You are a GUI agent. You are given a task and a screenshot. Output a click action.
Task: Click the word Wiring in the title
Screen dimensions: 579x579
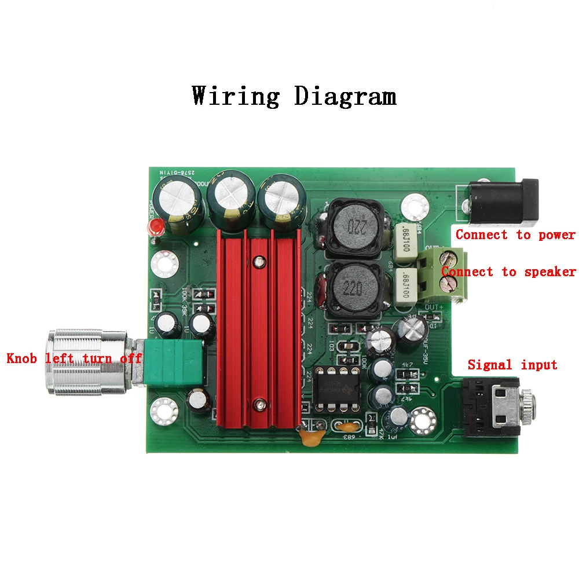pos(236,96)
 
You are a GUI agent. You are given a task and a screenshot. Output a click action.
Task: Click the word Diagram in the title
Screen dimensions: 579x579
pos(345,96)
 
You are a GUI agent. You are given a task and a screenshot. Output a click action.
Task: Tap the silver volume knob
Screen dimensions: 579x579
pos(87,362)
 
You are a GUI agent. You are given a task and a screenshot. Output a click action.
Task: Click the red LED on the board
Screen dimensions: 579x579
pos(155,226)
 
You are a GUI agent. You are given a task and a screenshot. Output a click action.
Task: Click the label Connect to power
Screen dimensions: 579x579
pos(515,235)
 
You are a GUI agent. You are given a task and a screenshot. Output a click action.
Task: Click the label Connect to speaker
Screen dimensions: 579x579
pos(508,272)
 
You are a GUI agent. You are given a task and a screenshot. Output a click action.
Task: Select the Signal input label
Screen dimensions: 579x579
pos(512,365)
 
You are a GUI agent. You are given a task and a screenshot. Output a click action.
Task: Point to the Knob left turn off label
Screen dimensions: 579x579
pos(74,358)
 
